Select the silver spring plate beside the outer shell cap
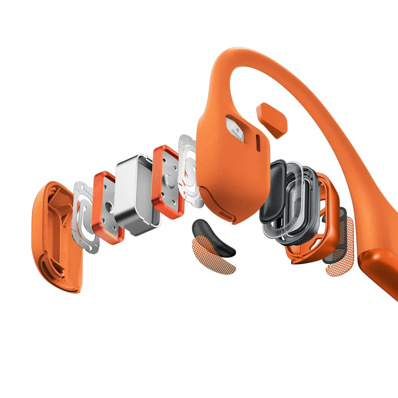85,216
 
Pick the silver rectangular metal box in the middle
137,194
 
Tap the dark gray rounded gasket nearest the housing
273,192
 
